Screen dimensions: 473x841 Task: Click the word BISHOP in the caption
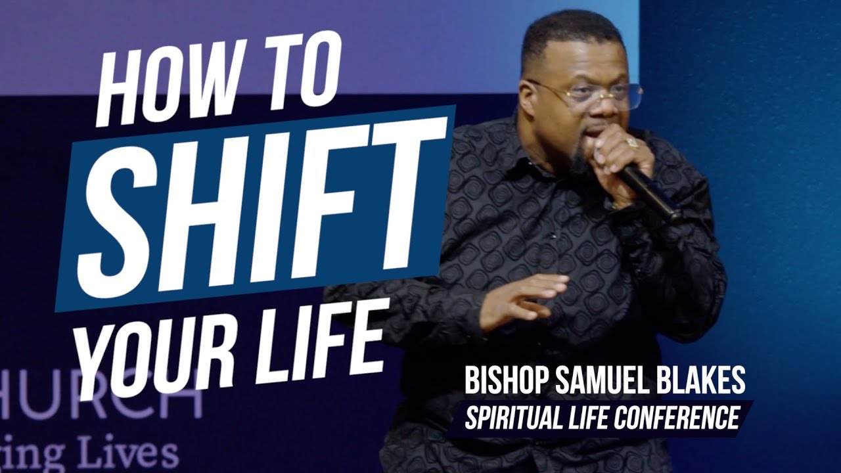(x=506, y=382)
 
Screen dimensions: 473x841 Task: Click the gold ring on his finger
(x=632, y=142)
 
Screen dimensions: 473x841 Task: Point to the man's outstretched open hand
(x=526, y=299)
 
